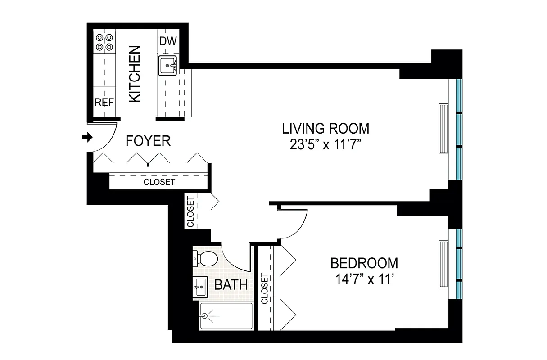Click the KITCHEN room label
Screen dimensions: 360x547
click(x=135, y=74)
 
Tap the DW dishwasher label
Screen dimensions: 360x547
click(x=168, y=41)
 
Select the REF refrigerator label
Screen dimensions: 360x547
click(x=104, y=102)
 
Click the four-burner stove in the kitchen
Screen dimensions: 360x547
click(x=104, y=42)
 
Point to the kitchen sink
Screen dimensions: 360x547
click(x=168, y=66)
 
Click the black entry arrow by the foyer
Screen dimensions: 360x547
click(x=87, y=137)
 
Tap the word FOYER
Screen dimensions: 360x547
click(x=148, y=141)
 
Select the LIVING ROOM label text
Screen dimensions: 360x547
click(x=325, y=129)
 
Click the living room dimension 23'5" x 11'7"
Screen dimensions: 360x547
click(x=325, y=145)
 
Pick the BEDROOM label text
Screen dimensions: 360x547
click(x=364, y=262)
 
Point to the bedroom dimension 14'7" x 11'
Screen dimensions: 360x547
click(x=364, y=279)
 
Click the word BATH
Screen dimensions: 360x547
click(x=231, y=285)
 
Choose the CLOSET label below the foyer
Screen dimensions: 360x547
click(x=159, y=182)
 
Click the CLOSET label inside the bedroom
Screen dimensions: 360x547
click(x=264, y=288)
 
